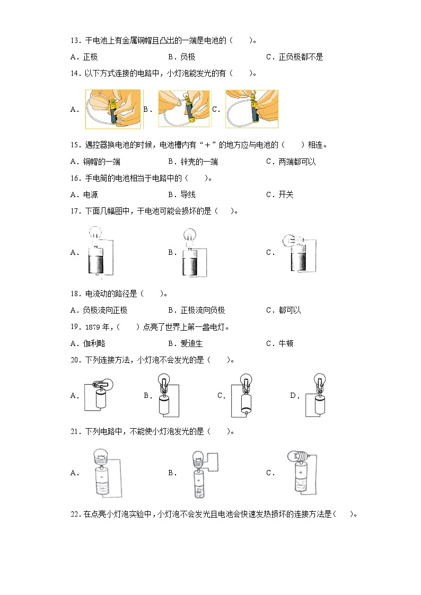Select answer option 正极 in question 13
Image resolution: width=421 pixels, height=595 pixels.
[90, 57]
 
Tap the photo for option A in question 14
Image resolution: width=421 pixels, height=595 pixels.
[113, 109]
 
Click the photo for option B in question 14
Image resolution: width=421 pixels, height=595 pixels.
[183, 109]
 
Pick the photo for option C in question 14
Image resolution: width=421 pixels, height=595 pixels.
[251, 109]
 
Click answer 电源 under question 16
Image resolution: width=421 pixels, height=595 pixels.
[90, 194]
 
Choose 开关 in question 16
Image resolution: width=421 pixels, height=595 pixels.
[286, 194]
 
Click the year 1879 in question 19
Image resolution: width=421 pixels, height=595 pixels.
[92, 327]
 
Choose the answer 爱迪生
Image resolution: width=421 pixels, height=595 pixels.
[192, 343]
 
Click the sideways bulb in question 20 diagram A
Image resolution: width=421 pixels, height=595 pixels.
[100, 384]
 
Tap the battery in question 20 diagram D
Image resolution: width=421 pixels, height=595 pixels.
[319, 405]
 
